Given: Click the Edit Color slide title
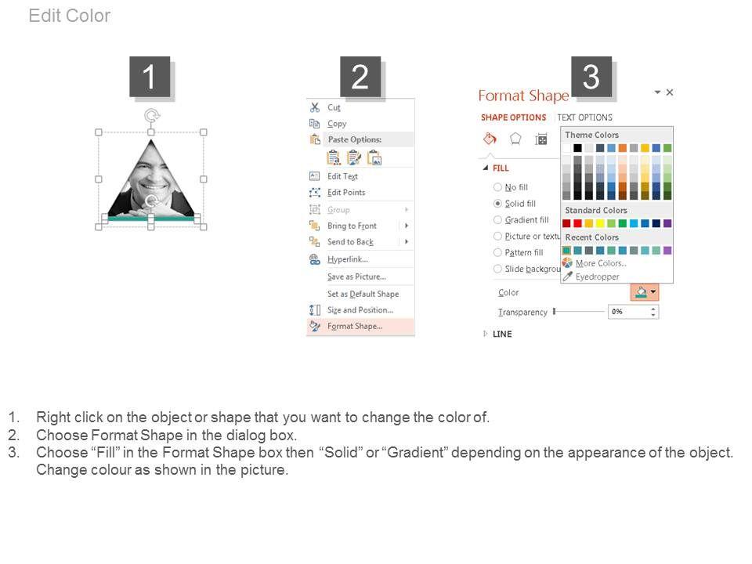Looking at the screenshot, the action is tap(70, 16).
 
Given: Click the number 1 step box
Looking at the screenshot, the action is tap(150, 77).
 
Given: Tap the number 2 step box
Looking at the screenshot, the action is tap(360, 77).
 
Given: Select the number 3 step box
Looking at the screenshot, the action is tap(591, 77).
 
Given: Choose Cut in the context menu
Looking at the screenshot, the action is tap(334, 107).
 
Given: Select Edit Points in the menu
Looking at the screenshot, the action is tap(346, 193).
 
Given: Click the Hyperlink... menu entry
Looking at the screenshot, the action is tap(348, 259).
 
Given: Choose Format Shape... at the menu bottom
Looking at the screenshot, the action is tap(355, 326).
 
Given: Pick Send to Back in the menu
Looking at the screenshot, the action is tap(351, 242).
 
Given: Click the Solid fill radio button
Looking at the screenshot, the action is tap(498, 204).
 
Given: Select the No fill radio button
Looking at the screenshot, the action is tap(498, 187).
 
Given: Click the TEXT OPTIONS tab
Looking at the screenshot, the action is tap(584, 117).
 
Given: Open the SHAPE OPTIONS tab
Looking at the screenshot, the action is tap(513, 117).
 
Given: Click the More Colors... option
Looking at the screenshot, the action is tap(601, 263).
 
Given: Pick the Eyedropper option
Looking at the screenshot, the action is tap(597, 277).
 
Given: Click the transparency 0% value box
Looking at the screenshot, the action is tap(633, 312).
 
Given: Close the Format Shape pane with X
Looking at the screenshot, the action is tap(670, 92).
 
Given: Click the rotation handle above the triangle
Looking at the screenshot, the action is tap(152, 116).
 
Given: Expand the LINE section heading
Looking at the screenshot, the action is tap(502, 334).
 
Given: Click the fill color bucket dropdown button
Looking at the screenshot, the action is tap(645, 292).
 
